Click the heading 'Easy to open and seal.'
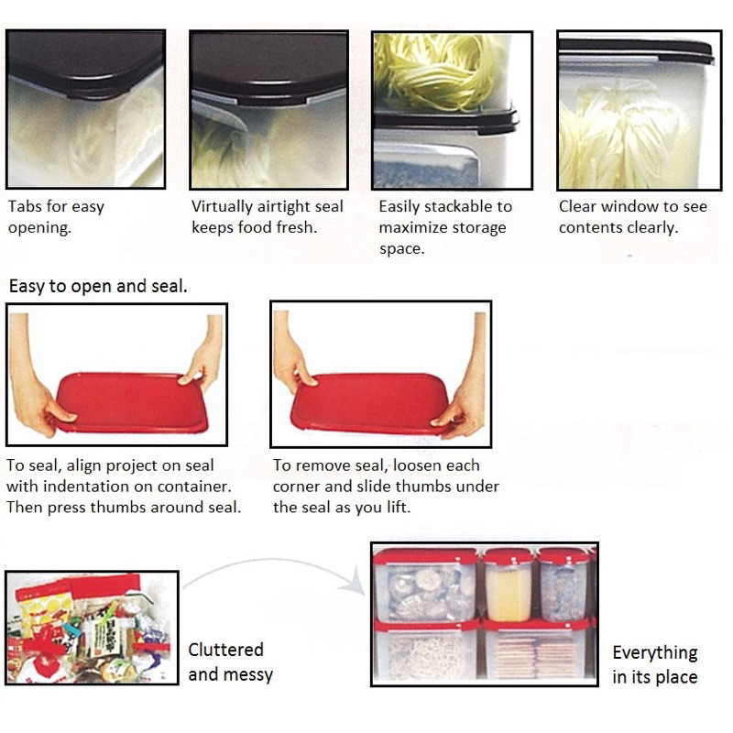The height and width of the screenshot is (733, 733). (x=98, y=286)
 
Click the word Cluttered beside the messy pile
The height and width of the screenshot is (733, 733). (x=225, y=650)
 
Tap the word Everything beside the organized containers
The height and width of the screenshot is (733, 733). (x=655, y=653)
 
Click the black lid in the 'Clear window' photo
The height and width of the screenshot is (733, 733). (x=636, y=50)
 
